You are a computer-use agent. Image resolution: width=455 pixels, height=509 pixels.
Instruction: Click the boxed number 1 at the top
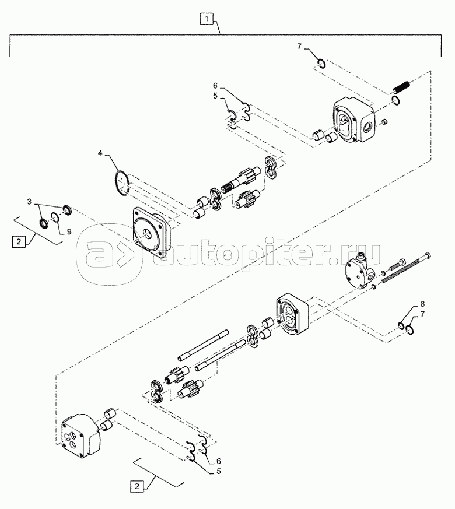[206, 19]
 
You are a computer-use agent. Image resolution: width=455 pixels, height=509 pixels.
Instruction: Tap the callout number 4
[100, 153]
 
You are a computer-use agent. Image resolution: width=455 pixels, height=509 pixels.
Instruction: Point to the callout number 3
[29, 202]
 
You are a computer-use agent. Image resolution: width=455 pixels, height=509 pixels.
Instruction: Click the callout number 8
[422, 304]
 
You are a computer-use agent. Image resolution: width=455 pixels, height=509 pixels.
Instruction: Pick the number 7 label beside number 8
[422, 314]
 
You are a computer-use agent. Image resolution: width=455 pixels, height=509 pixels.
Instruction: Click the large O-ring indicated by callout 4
[123, 182]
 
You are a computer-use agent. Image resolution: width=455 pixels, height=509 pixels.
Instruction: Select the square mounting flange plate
[152, 233]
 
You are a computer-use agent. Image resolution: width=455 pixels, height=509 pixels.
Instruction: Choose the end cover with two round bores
[81, 436]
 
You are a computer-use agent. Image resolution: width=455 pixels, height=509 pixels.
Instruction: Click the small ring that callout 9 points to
[55, 217]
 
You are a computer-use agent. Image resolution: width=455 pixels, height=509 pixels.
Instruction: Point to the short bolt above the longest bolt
[396, 265]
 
